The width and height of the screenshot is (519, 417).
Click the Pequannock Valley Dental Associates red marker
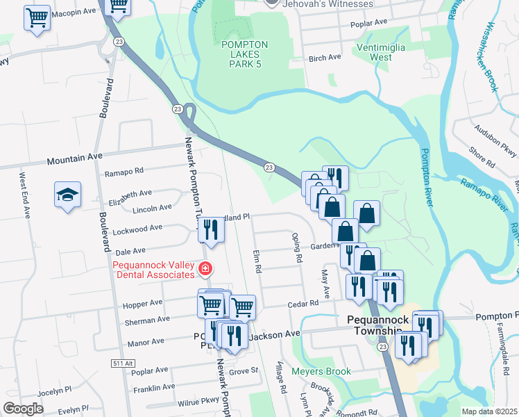pos(205,268)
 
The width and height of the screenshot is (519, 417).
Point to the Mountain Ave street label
pos(74,160)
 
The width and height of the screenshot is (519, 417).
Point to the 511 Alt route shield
pos(121,363)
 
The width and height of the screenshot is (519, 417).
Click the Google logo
pos(23,409)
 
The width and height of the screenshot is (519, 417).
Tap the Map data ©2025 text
pos(479,411)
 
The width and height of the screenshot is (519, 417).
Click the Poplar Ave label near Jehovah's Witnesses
pos(368,23)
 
